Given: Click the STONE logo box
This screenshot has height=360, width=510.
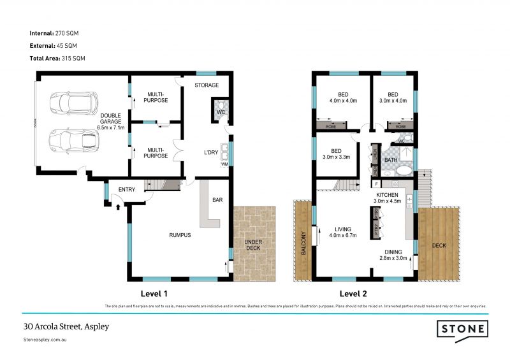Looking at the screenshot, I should [x=463, y=329].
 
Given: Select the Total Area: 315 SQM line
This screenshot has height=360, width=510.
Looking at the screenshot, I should [x=57, y=58].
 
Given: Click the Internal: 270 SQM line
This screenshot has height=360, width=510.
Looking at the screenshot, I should [x=54, y=32].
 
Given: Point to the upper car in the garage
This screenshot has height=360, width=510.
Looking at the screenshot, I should [x=73, y=103].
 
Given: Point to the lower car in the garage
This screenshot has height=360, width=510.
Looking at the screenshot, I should [x=72, y=141].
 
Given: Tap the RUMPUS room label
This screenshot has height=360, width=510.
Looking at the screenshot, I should [x=180, y=235].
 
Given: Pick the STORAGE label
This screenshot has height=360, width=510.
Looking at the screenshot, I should [x=207, y=85].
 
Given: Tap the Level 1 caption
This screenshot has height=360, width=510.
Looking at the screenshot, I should [x=153, y=294].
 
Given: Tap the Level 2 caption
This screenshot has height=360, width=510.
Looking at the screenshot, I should [x=354, y=294].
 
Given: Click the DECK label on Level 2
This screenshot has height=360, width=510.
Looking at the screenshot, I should [x=439, y=245].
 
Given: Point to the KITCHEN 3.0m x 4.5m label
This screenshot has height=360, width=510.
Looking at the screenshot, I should [x=387, y=198].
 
